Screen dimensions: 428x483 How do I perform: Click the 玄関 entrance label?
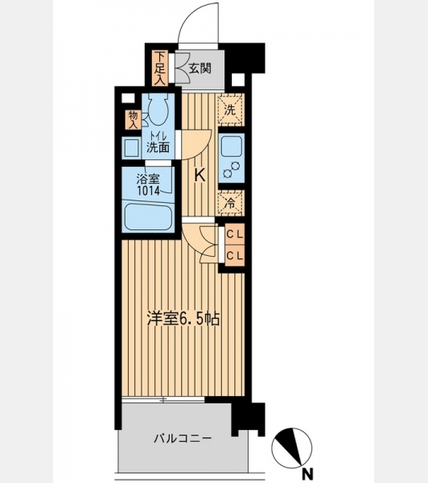click(x=200, y=68)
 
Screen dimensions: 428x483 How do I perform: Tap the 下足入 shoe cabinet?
click(x=160, y=68)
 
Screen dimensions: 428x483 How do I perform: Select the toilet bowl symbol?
click(x=158, y=109)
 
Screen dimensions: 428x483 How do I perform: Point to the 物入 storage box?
click(x=133, y=120)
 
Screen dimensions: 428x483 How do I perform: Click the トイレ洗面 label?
click(x=158, y=142)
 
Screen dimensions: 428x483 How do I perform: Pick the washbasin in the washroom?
click(x=131, y=148)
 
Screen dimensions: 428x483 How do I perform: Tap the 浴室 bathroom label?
click(x=148, y=180)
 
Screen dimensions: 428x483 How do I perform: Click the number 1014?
click(x=148, y=192)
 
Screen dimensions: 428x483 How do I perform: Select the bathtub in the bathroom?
click(x=148, y=217)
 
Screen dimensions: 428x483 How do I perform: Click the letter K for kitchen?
click(x=200, y=175)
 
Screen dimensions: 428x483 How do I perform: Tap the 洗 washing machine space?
click(x=231, y=109)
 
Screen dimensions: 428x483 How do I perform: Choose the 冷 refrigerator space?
click(x=231, y=203)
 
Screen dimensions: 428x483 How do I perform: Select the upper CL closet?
click(x=235, y=234)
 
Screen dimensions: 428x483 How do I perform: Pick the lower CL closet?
click(x=235, y=255)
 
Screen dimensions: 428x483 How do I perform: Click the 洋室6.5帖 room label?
click(x=183, y=319)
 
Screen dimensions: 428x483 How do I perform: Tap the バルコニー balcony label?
click(x=183, y=439)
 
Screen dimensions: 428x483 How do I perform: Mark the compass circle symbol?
click(x=291, y=448)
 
